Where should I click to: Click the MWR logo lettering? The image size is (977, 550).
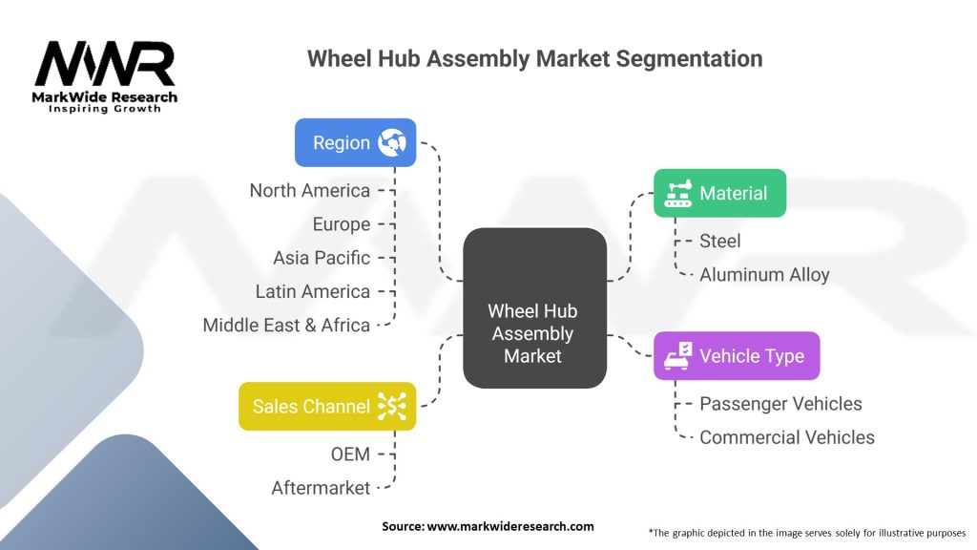[x=105, y=64]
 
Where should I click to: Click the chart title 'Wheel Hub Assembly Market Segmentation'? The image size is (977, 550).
[x=534, y=58]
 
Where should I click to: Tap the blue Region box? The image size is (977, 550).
[x=355, y=143]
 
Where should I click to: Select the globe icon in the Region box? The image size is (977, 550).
[x=392, y=143]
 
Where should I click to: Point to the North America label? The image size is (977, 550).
[x=310, y=190]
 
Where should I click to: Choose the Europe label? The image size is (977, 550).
[x=342, y=223]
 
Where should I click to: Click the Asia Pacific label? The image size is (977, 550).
[x=322, y=258]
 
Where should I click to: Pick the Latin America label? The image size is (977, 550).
[x=313, y=291]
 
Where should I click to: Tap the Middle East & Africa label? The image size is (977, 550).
[x=286, y=325]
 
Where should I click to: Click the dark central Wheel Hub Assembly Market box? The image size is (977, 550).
[x=534, y=308]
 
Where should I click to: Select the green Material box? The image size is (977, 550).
[x=719, y=193]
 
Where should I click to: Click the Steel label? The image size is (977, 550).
[x=720, y=241]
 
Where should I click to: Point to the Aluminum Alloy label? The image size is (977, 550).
[x=764, y=274]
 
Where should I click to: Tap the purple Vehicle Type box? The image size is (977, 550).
[x=737, y=356]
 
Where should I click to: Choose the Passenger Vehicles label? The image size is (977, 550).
[x=780, y=404]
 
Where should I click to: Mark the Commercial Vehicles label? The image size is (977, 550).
[x=787, y=437]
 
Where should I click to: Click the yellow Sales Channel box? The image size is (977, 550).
[x=327, y=407]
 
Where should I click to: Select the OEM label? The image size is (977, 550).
[x=350, y=454]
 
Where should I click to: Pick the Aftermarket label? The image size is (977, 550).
[x=321, y=488]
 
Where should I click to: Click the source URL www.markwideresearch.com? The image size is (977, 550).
[x=510, y=526]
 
